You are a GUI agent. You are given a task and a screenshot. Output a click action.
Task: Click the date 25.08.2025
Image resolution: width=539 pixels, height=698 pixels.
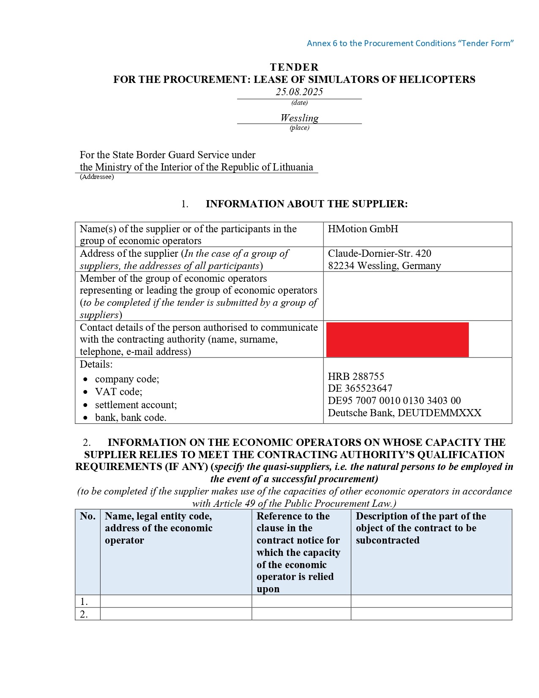pos(299,92)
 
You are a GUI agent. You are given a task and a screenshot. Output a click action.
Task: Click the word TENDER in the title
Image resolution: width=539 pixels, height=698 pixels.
pos(294,67)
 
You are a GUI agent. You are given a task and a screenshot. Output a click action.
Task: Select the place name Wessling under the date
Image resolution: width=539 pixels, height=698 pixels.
pos(299,118)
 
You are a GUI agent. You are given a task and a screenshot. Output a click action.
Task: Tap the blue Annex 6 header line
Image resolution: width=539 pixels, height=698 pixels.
pos(410,43)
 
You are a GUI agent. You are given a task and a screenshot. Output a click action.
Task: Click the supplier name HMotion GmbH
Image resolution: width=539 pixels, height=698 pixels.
pos(363,229)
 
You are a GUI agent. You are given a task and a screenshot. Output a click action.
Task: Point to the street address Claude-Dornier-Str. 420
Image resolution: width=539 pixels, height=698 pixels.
pos(379,253)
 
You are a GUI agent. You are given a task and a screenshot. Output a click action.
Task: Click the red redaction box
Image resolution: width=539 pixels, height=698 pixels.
pos(397,339)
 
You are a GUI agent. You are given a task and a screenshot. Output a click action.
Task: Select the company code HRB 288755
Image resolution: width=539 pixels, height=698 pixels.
pos(356,376)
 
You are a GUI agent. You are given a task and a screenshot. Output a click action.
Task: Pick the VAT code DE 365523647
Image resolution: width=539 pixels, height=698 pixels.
pos(360,388)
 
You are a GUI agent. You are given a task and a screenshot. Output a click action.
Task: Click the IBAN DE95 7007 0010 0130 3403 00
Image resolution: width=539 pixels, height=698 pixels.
pos(394,401)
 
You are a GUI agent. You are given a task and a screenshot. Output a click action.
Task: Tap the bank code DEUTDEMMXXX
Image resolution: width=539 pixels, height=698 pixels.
pos(439,413)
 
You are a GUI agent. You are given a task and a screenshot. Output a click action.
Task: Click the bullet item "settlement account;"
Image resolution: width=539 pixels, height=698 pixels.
pos(136,405)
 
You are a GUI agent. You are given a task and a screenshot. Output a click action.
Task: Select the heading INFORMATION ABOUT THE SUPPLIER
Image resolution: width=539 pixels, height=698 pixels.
pos(306,204)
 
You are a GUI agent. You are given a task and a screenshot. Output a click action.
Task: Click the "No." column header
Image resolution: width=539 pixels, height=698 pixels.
pos(88,516)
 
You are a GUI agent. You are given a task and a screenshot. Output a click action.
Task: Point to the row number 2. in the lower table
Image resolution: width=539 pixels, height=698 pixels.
pos(84,614)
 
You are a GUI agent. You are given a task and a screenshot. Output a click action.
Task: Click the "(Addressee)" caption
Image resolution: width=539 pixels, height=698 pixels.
pos(97,177)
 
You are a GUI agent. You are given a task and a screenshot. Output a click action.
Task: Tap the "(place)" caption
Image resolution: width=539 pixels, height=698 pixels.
pos(299,128)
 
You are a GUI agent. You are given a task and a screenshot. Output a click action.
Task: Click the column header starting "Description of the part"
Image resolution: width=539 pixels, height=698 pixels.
pos(421,528)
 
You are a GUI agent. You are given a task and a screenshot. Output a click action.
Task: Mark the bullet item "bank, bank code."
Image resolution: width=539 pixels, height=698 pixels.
pos(131,418)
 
